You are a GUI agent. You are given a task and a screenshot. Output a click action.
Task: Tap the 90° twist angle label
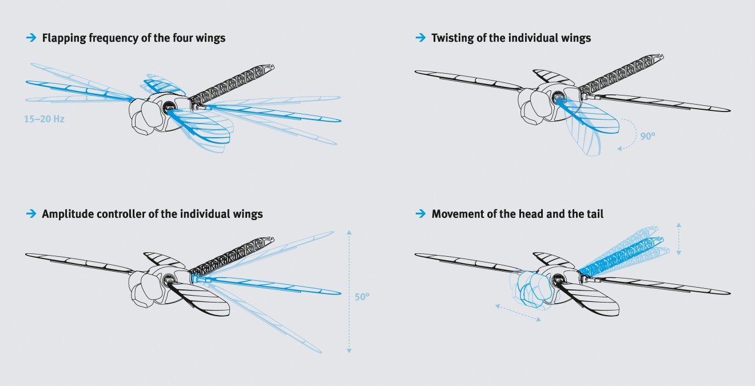(647, 137)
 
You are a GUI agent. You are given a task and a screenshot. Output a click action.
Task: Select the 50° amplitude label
(362, 297)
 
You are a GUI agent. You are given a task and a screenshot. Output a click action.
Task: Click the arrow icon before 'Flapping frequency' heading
(31, 38)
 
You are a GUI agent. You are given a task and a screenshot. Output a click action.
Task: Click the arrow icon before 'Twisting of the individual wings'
(420, 38)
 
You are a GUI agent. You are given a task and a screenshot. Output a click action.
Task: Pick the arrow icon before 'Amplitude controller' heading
(31, 214)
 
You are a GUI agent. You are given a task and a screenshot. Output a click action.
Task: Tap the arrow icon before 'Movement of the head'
(420, 214)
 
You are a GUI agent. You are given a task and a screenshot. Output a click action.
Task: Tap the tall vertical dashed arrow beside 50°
(349, 292)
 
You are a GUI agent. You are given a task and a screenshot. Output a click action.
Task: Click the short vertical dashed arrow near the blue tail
(678, 238)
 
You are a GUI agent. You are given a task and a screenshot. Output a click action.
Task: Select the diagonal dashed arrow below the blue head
(518, 313)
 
